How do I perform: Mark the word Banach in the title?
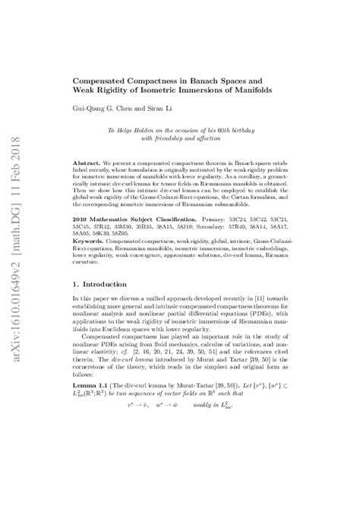pyautogui.click(x=236, y=79)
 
